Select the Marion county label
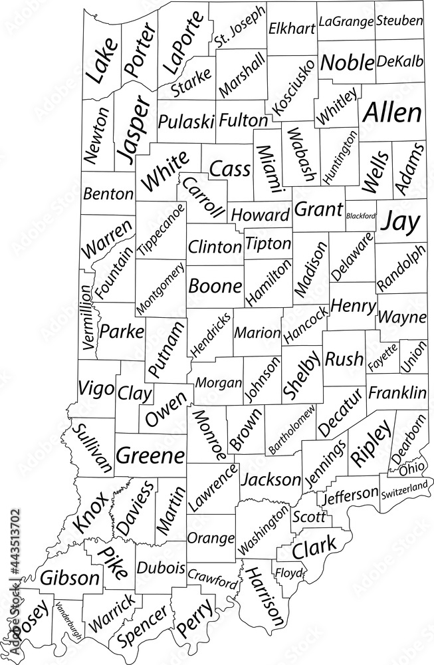(257, 332)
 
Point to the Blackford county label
(361, 215)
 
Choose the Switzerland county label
(404, 491)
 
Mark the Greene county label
(150, 456)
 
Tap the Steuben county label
(399, 21)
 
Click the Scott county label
(309, 516)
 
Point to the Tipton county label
(268, 243)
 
